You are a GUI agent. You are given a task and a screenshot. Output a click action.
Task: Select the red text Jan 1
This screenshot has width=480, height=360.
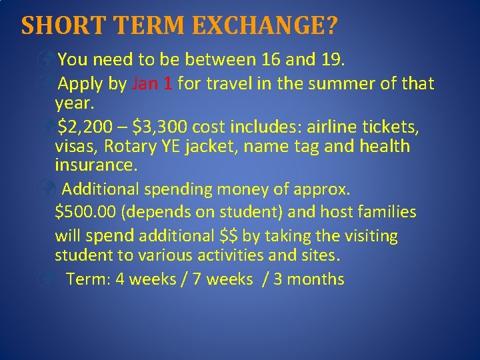(153, 84)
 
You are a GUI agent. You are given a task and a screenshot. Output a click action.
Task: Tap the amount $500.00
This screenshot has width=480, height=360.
(86, 213)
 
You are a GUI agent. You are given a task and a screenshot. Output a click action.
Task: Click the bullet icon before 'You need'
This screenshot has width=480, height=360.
(49, 61)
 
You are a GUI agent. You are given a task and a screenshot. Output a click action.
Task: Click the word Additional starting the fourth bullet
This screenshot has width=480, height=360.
(102, 189)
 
